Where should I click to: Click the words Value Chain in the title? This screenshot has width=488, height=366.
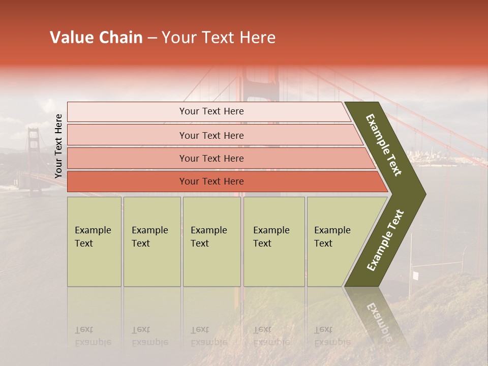[x=96, y=38]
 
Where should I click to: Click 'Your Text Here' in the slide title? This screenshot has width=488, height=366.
[x=219, y=38]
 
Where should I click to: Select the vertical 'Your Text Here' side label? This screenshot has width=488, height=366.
[x=58, y=146]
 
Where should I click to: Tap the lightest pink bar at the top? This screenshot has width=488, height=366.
[x=211, y=111]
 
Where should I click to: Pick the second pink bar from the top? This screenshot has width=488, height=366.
[x=211, y=135]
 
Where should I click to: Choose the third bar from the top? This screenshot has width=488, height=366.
[x=211, y=158]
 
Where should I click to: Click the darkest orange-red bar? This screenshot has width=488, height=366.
[x=211, y=181]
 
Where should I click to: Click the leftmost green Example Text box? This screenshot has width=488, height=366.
[x=94, y=241]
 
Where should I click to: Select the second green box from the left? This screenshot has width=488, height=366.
[x=151, y=241]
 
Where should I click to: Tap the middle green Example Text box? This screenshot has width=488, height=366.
[x=211, y=241]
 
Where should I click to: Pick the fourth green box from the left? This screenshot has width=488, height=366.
[x=274, y=241]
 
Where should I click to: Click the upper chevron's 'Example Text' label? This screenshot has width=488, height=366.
[x=384, y=145]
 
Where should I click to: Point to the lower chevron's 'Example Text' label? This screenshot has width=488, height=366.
[x=385, y=240]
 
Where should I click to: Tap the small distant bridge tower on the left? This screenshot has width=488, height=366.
[x=34, y=152]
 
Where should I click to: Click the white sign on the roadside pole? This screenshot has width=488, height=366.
[x=415, y=276]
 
